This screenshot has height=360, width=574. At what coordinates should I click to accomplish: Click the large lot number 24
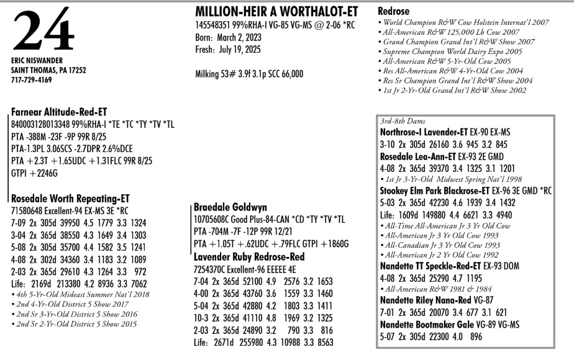pyautogui.click(x=42, y=31)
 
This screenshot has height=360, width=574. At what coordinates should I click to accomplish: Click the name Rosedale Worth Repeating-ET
pyautogui.click(x=70, y=199)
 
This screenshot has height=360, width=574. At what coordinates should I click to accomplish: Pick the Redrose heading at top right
pyautogui.click(x=395, y=12)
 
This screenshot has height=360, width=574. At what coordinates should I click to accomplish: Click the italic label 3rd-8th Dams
pyautogui.click(x=403, y=121)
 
